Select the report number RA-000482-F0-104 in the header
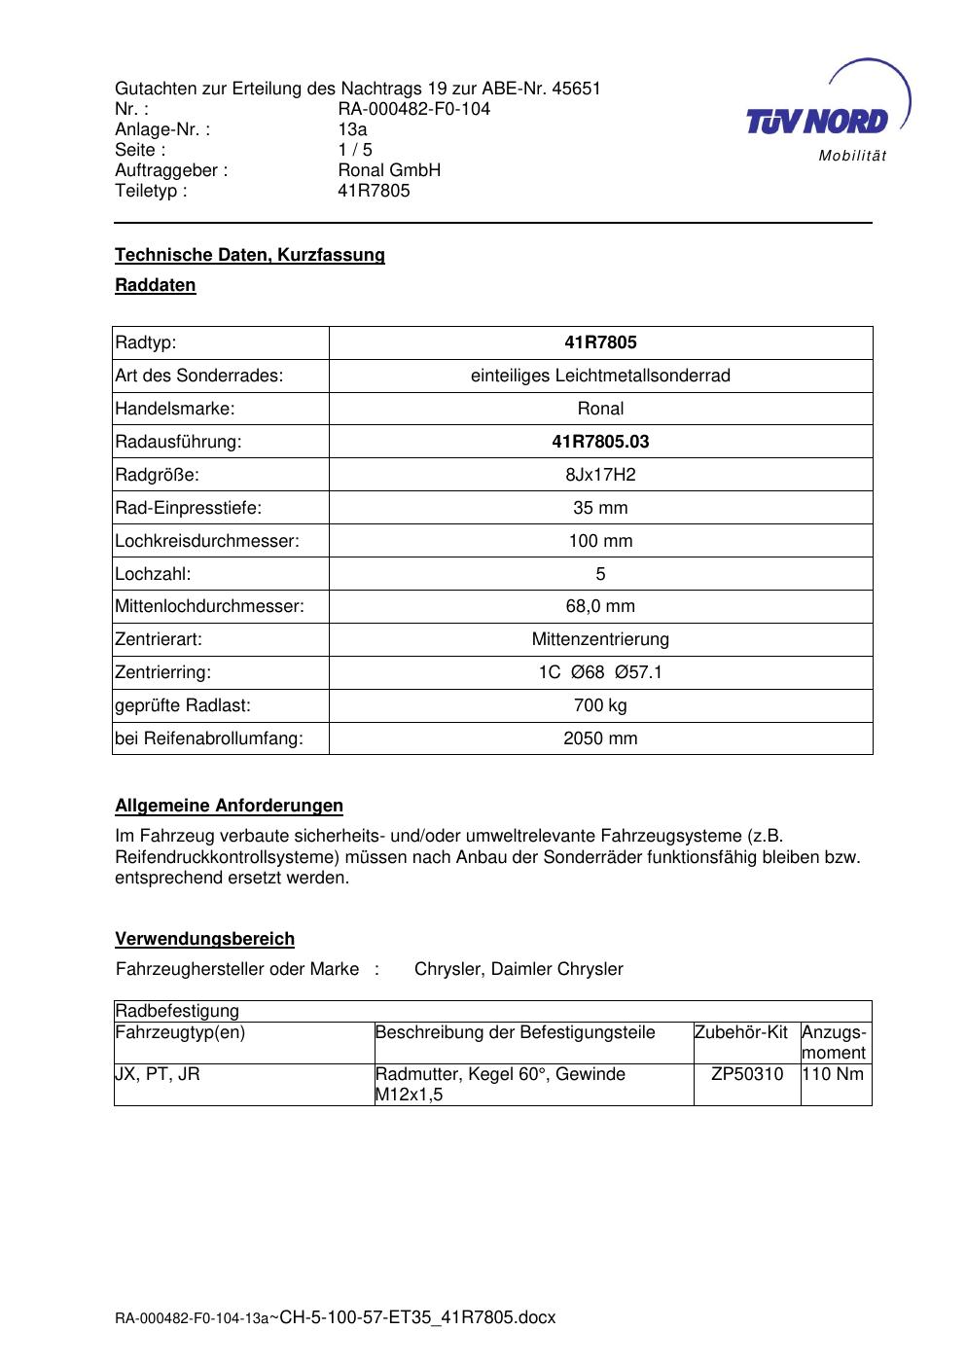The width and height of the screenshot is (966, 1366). pos(413,109)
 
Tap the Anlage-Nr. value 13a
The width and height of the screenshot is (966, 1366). pos(352,129)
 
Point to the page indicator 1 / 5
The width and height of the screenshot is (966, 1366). pos(354,150)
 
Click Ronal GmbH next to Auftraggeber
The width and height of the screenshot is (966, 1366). pos(389,170)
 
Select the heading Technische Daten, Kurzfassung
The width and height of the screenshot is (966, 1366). pos(250,255)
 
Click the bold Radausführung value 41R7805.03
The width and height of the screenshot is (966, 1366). pos(600,442)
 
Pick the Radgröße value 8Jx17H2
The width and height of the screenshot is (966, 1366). pos(600,475)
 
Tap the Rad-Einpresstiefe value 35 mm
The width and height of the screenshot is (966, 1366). pos(600,508)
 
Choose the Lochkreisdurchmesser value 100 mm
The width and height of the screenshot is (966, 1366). pos(600,541)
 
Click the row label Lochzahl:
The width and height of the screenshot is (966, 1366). pos(153,574)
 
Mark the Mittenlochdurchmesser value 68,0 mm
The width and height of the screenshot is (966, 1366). pos(600,606)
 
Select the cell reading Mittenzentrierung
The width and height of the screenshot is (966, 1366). pos(600,639)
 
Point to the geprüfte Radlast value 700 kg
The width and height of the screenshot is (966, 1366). pos(600,705)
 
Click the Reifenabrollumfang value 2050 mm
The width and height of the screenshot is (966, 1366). pos(600,738)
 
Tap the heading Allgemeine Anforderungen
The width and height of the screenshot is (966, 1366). pos(229,806)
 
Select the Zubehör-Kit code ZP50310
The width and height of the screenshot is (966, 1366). pos(747,1074)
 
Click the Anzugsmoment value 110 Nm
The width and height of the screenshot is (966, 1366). pos(835,1074)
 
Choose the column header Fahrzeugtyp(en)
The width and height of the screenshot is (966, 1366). pos(180,1032)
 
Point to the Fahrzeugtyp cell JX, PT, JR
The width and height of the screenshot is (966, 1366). pos(158,1074)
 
